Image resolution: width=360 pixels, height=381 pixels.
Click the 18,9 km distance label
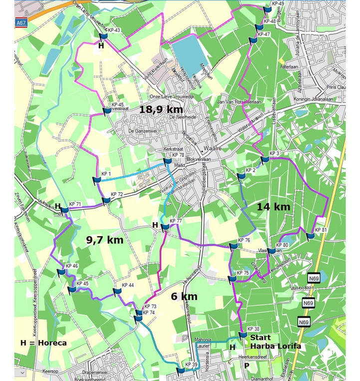[x=161, y=109]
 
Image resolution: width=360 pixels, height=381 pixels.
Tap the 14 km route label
[x=274, y=207]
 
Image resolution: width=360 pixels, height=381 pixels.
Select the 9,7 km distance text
[x=105, y=240]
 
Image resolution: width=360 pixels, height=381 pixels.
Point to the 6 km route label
[x=184, y=297]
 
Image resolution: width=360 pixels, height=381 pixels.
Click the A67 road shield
[x=20, y=23]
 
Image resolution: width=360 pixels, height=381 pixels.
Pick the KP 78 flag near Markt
[x=167, y=160]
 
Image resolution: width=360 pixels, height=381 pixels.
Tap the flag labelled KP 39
[x=180, y=370]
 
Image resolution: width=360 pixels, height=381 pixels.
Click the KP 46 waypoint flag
[x=61, y=272]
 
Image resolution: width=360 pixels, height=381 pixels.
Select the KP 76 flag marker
[x=233, y=245]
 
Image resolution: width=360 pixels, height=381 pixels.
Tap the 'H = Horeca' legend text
[x=43, y=343]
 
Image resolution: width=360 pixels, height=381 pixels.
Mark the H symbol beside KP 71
[x=58, y=206]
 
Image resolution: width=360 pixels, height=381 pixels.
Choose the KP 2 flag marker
[x=241, y=175]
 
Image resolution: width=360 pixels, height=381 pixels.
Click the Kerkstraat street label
[x=174, y=149]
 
